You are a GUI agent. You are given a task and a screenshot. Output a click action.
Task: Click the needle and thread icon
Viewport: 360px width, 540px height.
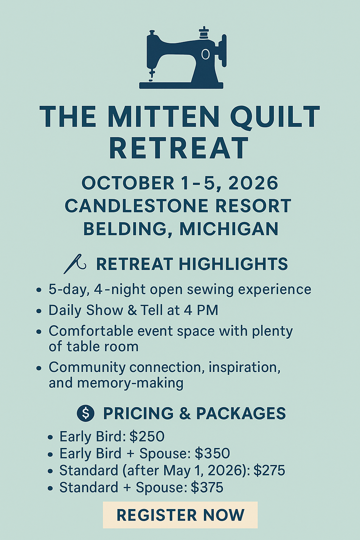point(75,264)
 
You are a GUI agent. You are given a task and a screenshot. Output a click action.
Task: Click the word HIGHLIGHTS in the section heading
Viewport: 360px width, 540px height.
point(233,264)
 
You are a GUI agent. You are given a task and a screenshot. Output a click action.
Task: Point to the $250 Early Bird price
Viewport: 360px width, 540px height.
point(147,436)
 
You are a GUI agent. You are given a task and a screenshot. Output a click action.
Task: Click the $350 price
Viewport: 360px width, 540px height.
point(212,454)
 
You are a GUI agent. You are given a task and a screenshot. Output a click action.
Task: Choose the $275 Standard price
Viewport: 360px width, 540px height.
point(269,470)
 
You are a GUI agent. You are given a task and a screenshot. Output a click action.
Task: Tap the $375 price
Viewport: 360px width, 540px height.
point(207,487)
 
